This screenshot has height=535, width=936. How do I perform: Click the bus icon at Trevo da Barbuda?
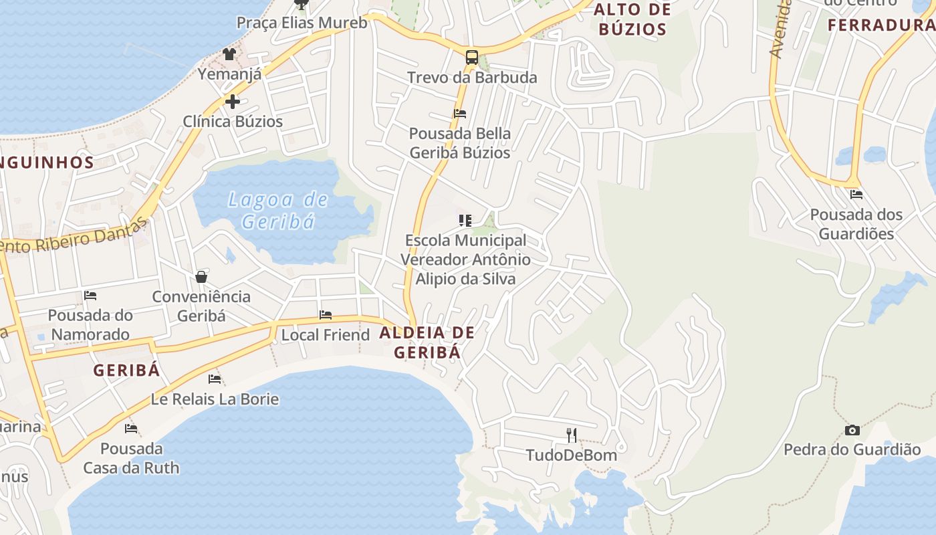[x=472, y=57]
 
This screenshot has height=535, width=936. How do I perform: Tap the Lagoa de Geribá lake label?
[x=278, y=210]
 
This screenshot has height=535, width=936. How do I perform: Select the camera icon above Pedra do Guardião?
[x=852, y=430]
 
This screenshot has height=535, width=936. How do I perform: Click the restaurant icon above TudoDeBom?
[x=572, y=435]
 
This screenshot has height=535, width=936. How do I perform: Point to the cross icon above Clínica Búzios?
[x=232, y=102]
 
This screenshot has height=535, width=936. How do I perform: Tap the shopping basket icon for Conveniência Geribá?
[x=201, y=276]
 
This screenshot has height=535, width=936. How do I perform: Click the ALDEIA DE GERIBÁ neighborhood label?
[x=427, y=342]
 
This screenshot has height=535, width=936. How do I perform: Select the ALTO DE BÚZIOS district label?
[x=632, y=19]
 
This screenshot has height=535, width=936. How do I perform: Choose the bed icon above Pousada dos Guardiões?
[x=856, y=195]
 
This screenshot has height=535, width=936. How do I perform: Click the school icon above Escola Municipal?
[x=465, y=220]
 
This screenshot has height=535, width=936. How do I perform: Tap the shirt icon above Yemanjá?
[x=229, y=54]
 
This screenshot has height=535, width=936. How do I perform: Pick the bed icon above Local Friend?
[x=326, y=314]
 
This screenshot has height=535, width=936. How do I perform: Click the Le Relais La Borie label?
[x=215, y=399]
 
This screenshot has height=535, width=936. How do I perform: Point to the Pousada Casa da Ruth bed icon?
[x=131, y=428]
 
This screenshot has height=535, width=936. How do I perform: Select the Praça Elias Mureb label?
[x=302, y=23]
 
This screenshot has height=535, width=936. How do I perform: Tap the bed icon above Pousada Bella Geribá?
[x=460, y=113]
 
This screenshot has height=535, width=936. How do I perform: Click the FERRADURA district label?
[x=881, y=25]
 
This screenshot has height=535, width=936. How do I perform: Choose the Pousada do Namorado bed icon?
[x=90, y=295]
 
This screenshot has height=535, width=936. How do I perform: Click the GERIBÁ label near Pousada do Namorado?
[x=126, y=370]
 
